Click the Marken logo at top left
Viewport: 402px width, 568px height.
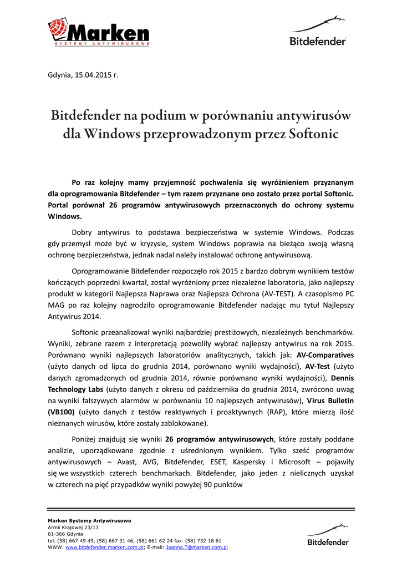98,32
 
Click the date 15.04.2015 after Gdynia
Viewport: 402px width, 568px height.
94,74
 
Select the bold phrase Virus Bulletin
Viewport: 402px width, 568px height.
331,400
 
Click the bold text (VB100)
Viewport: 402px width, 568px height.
61,412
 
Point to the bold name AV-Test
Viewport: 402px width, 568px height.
318,366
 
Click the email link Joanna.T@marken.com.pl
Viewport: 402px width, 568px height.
197,547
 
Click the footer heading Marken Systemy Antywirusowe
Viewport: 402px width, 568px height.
89,520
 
